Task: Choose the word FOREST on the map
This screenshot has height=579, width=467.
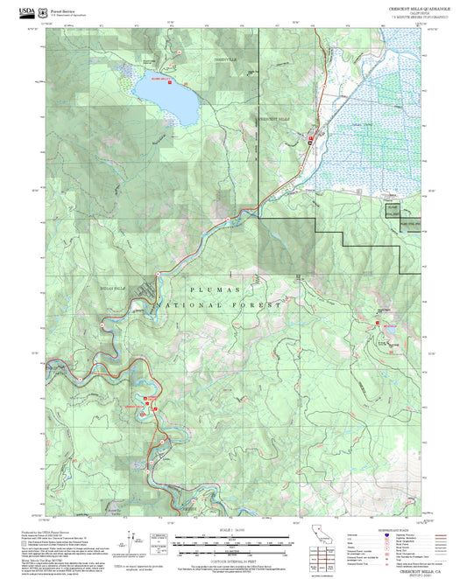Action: [262, 306]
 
